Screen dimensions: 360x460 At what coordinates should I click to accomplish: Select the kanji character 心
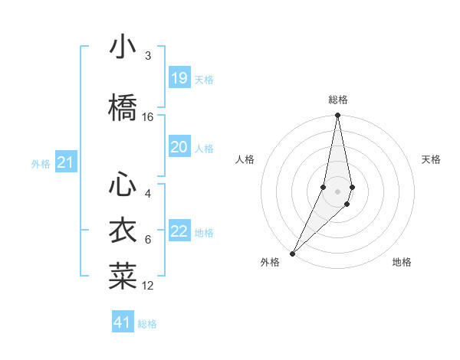pyautogui.click(x=123, y=185)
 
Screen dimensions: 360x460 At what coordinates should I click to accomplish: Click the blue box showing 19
pyautogui.click(x=179, y=78)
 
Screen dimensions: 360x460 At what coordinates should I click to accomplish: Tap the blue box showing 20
pyautogui.click(x=179, y=147)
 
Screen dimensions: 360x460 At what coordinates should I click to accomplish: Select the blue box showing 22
pyautogui.click(x=179, y=231)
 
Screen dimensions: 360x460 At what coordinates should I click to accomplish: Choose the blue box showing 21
pyautogui.click(x=65, y=162)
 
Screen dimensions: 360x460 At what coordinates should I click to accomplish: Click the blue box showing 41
pyautogui.click(x=123, y=322)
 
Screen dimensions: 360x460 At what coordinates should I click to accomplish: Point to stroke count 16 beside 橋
pyautogui.click(x=148, y=117)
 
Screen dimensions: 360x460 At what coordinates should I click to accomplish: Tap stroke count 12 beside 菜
pyautogui.click(x=148, y=286)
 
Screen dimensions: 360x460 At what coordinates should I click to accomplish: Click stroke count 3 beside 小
pyautogui.click(x=147, y=56)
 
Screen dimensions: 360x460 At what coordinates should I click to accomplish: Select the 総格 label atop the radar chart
pyautogui.click(x=337, y=100)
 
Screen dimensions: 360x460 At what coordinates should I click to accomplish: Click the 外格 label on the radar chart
pyautogui.click(x=270, y=262)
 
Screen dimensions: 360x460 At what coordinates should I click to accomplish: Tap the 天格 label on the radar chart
pyautogui.click(x=431, y=159)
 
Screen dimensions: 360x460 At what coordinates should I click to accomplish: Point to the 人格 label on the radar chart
pyautogui.click(x=245, y=159)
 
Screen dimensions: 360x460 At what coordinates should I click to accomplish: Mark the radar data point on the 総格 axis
pyautogui.click(x=337, y=116)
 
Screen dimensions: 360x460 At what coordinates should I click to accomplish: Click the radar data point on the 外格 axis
pyautogui.click(x=292, y=253)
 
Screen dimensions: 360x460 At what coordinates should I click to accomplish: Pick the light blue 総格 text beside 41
pyautogui.click(x=147, y=324)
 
